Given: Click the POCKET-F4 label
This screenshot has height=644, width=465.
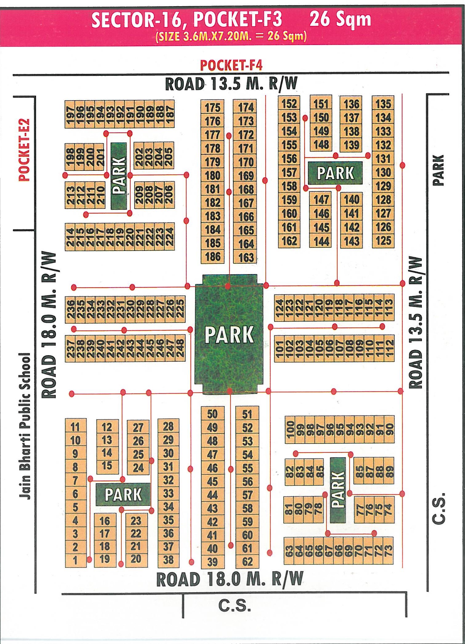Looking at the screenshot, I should pyautogui.click(x=231, y=65).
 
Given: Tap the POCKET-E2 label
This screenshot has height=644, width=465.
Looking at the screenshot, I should pyautogui.click(x=24, y=150).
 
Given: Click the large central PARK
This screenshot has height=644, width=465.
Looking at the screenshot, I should pyautogui.click(x=229, y=334).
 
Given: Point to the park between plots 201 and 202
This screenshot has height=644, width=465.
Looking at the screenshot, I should pyautogui.click(x=119, y=176).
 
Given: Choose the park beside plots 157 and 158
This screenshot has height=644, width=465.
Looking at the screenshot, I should pyautogui.click(x=335, y=173).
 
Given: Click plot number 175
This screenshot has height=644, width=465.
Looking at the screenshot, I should pyautogui.click(x=212, y=108).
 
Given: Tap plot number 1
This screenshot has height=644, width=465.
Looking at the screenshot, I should pyautogui.click(x=75, y=560).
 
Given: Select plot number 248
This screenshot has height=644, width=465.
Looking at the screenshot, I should pyautogui.click(x=180, y=348).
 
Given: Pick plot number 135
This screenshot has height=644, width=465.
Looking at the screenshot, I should pyautogui.click(x=383, y=104).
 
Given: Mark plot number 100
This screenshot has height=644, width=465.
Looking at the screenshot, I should pyautogui.click(x=290, y=429).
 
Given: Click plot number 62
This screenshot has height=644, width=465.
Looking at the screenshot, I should pyautogui.click(x=247, y=561).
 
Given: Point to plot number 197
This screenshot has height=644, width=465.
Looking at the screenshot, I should pyautogui.click(x=70, y=114).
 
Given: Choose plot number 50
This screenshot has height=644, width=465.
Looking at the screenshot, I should pyautogui.click(x=212, y=414).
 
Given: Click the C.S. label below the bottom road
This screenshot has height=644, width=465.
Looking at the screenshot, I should pyautogui.click(x=234, y=605).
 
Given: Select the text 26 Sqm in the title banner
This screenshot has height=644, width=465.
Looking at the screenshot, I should pyautogui.click(x=340, y=19).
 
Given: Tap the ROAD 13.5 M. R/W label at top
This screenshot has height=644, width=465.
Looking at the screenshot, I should pyautogui.click(x=231, y=84).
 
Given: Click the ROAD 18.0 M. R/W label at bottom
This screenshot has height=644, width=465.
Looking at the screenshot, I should pyautogui.click(x=230, y=579).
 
